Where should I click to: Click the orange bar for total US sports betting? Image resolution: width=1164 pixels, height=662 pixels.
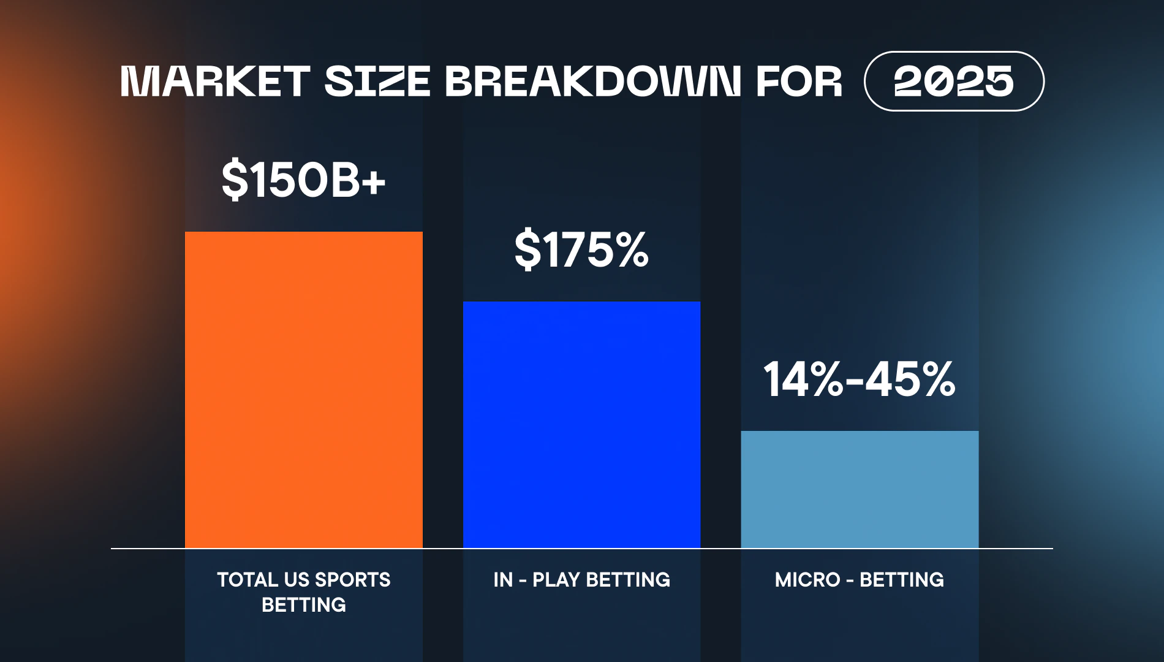coord(303,390)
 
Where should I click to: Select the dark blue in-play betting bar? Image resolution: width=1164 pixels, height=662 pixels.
coord(581,424)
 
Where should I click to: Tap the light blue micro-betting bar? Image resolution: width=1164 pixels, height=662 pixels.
coord(860,489)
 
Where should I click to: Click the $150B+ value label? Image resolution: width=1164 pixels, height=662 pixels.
coord(303,180)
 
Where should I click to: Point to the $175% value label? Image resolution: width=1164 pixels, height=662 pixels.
coord(581,249)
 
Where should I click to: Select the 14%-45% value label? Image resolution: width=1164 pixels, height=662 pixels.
coord(860,379)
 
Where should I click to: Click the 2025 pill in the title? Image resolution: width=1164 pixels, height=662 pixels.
coord(953,81)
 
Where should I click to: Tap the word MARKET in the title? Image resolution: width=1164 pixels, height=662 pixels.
coord(215,81)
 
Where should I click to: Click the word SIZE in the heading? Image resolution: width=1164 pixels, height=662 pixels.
coord(377,81)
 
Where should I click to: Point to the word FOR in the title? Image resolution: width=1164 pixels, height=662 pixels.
coord(799,81)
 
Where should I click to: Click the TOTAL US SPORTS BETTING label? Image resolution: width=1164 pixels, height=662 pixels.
coord(303,592)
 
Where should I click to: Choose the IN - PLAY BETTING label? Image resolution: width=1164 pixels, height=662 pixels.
coord(581,580)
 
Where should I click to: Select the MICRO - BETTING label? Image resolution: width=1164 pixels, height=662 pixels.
coord(860,580)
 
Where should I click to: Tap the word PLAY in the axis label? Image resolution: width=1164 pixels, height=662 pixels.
coord(556,580)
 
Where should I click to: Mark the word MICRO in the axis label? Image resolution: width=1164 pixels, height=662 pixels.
coord(807,580)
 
